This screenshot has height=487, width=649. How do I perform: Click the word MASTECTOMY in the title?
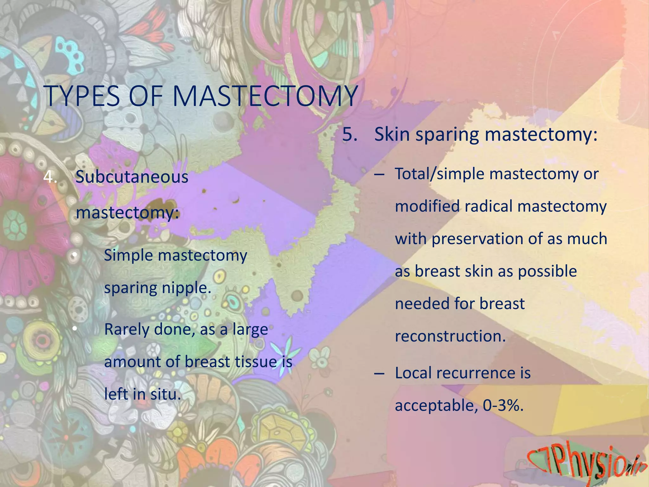265,96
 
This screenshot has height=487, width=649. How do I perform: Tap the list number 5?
350,134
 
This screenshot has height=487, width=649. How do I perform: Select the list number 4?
50,177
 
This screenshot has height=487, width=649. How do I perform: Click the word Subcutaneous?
132,177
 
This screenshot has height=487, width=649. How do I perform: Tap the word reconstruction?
450,336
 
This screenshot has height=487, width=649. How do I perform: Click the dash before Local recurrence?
379,373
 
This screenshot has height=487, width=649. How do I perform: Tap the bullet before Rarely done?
74,329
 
